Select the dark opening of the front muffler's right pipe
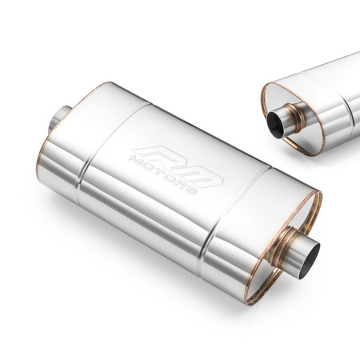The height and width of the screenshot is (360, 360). point(313,254)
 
